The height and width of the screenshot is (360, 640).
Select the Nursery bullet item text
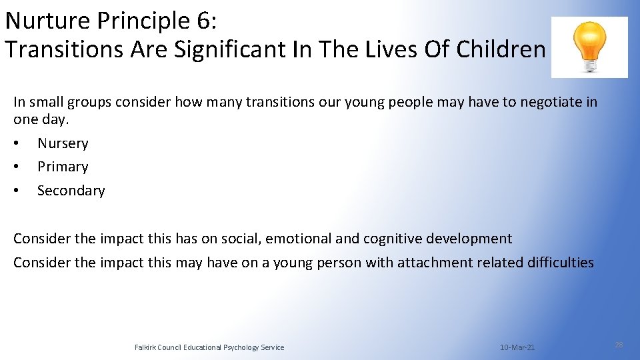click(63, 143)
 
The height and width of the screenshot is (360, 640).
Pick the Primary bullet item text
click(63, 167)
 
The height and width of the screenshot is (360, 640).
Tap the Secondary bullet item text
click(71, 191)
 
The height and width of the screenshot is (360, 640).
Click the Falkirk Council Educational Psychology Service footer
click(209, 347)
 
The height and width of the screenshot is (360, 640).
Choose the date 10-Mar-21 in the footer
click(517, 347)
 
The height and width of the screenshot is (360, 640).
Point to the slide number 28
click(619, 345)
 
